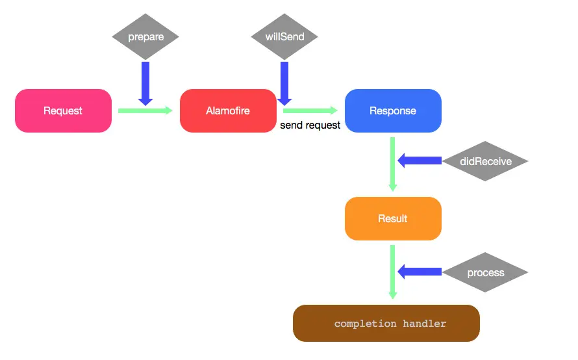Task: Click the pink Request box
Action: pyautogui.click(x=63, y=110)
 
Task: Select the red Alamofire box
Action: pyautogui.click(x=228, y=110)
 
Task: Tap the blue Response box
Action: pyautogui.click(x=393, y=110)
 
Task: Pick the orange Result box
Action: pyautogui.click(x=393, y=218)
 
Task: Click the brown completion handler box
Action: pyautogui.click(x=386, y=323)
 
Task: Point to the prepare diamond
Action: pyautogui.click(x=145, y=36)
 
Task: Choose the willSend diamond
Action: pyautogui.click(x=284, y=36)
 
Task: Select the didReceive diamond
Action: pyautogui.click(x=485, y=161)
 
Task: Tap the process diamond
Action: pyautogui.click(x=485, y=272)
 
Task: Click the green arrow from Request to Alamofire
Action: pyautogui.click(x=145, y=110)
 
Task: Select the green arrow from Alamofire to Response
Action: pyautogui.click(x=310, y=110)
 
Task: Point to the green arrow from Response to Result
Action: pyautogui.click(x=393, y=164)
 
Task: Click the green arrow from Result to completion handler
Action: pyautogui.click(x=393, y=272)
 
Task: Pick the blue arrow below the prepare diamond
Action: pyautogui.click(x=145, y=84)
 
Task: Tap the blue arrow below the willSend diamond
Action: pyautogui.click(x=284, y=84)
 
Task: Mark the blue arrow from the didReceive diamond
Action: pyautogui.click(x=420, y=161)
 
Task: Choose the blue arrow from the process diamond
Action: pyautogui.click(x=420, y=272)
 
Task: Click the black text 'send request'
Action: pyautogui.click(x=310, y=125)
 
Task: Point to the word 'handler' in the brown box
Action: pyautogui.click(x=424, y=324)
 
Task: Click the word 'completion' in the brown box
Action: pyautogui.click(x=365, y=324)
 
